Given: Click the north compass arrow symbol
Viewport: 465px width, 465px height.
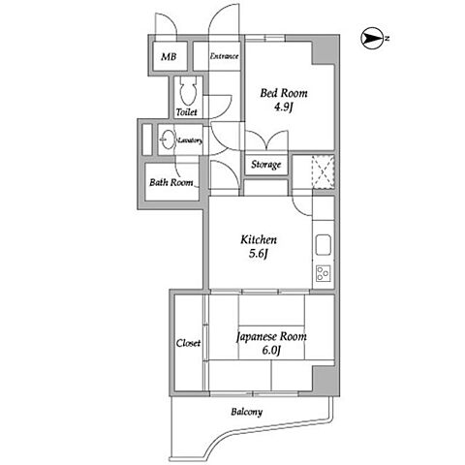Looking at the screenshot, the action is (370, 38).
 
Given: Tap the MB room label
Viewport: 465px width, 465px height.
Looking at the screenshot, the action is (169, 57).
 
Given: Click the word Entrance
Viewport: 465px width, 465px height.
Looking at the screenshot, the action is (225, 56).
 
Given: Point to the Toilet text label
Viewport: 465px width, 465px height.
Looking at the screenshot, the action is (187, 112).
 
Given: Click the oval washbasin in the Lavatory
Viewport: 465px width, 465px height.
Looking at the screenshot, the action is (168, 139).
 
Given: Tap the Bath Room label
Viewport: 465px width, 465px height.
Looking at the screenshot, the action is (171, 182).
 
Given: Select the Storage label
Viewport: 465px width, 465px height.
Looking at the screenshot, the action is (266, 165).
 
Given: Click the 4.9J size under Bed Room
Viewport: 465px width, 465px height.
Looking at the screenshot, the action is (284, 107).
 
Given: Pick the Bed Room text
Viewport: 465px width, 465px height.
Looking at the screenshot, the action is (284, 93).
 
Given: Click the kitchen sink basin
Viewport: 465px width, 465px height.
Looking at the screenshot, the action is (324, 245).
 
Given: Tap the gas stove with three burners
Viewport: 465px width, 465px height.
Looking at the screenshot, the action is (324, 273).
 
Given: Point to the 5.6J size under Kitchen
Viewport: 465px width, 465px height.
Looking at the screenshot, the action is (259, 254).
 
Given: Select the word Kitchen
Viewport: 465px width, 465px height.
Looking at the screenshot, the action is (259, 240).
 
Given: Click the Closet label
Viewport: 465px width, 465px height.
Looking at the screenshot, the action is (188, 343).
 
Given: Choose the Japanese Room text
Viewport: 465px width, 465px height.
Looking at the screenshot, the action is (271, 337).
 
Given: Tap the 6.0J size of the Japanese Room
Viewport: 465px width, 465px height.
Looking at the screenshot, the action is (271, 350).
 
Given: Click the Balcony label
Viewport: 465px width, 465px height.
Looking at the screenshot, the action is (247, 412).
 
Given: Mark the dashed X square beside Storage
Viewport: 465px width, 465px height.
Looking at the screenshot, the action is (324, 172).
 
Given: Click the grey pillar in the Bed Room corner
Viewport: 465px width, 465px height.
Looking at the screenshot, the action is (325, 51).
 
